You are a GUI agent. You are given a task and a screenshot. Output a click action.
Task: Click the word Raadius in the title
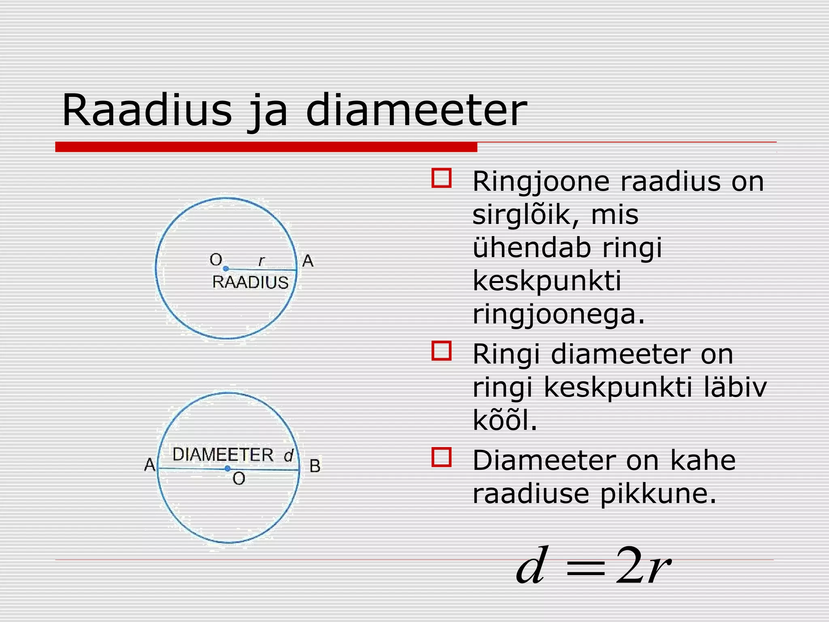coord(147,110)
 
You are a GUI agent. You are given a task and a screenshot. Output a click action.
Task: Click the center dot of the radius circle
coord(226,268)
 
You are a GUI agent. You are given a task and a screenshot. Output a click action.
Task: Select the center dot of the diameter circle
coord(227,469)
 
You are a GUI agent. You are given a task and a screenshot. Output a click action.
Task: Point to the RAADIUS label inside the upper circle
coord(250,282)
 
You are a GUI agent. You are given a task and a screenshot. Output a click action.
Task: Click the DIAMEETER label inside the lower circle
coord(223,455)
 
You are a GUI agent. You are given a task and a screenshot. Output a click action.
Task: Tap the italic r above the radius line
coord(261,261)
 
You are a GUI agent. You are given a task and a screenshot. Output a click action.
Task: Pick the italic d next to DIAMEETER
coord(288,456)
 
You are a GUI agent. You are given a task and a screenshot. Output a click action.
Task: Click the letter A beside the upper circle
coord(308,261)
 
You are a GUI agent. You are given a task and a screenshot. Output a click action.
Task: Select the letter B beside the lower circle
coord(315,466)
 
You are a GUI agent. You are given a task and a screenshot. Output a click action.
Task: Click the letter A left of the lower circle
coord(150,464)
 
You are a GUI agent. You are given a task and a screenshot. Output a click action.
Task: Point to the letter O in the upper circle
coord(216,260)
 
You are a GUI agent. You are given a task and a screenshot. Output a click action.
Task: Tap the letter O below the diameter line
coord(239,479)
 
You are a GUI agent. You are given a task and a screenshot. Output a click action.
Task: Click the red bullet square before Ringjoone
coord(441,178)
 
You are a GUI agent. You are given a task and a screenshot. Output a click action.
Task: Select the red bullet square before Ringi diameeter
coord(441,351)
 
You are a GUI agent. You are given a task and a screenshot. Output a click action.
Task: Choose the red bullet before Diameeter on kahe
coord(441,458)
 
